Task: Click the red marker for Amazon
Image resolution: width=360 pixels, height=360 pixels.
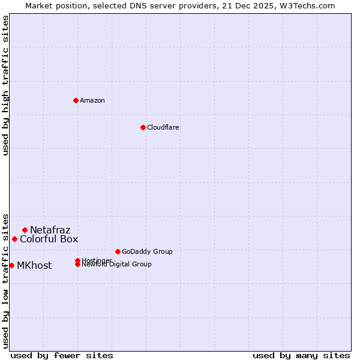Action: [x=76, y=100]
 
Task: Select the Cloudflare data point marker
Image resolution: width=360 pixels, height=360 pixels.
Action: [x=143, y=127]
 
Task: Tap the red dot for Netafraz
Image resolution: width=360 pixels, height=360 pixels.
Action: [x=25, y=230]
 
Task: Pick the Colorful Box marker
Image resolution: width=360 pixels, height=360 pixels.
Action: [x=14, y=239]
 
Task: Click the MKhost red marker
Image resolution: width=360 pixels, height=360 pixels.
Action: [x=11, y=265]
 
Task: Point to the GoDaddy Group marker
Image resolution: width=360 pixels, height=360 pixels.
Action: [x=118, y=251]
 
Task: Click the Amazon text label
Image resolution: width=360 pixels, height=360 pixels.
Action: [x=92, y=100]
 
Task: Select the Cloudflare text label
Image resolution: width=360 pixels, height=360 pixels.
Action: [x=163, y=127]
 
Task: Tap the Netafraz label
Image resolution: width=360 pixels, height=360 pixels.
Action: [x=50, y=230]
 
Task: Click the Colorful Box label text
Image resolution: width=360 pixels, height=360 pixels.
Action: [x=49, y=239]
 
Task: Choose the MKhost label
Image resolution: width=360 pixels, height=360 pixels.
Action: [x=34, y=265]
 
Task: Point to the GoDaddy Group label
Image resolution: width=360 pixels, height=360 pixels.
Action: [x=147, y=251]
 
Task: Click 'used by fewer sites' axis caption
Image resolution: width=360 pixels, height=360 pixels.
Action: [x=62, y=355]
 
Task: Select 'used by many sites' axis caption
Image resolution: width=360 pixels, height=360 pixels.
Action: [x=301, y=355]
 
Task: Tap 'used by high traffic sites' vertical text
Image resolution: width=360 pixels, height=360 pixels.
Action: [x=5, y=85]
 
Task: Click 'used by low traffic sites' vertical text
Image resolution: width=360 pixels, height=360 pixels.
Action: [x=5, y=280]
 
